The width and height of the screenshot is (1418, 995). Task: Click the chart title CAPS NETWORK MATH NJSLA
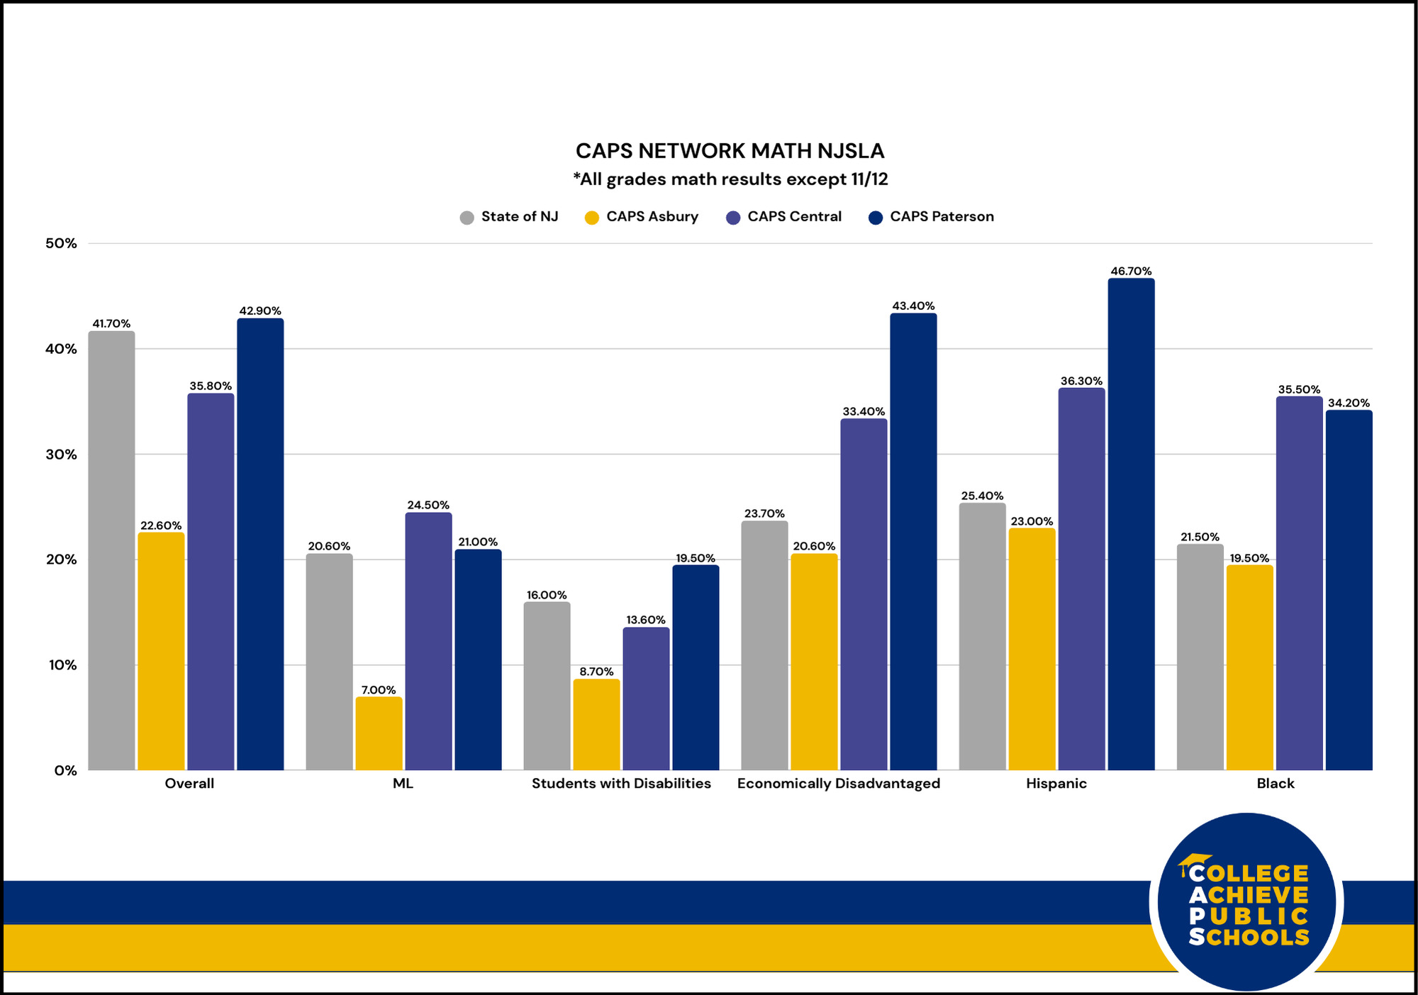click(x=730, y=151)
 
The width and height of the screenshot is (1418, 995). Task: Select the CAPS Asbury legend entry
click(x=642, y=217)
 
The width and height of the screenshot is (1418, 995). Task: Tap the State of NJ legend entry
click(x=509, y=217)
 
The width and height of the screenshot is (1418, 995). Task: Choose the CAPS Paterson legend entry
click(x=932, y=217)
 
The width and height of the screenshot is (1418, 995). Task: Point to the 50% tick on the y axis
click(x=61, y=243)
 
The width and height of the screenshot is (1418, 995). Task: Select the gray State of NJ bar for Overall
click(x=111, y=550)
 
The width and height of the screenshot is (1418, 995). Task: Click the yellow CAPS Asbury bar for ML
click(x=379, y=733)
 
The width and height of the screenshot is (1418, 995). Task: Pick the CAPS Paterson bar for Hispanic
click(x=1131, y=524)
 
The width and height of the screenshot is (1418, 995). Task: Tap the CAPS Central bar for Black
click(x=1299, y=583)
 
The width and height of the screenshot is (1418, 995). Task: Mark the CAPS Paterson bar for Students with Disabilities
click(x=696, y=667)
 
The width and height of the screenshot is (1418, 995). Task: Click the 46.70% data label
click(x=1131, y=271)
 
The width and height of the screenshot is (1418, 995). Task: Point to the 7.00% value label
click(x=379, y=690)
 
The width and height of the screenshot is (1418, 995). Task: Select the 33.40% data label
click(x=864, y=411)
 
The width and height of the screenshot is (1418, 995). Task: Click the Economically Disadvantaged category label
click(x=838, y=784)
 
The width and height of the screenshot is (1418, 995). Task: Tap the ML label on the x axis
click(x=403, y=784)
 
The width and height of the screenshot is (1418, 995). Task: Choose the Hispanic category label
click(x=1056, y=784)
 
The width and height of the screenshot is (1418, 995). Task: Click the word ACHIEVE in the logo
click(x=1249, y=895)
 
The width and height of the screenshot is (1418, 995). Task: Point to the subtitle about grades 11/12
click(x=730, y=179)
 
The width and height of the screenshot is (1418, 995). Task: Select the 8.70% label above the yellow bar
click(x=596, y=672)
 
